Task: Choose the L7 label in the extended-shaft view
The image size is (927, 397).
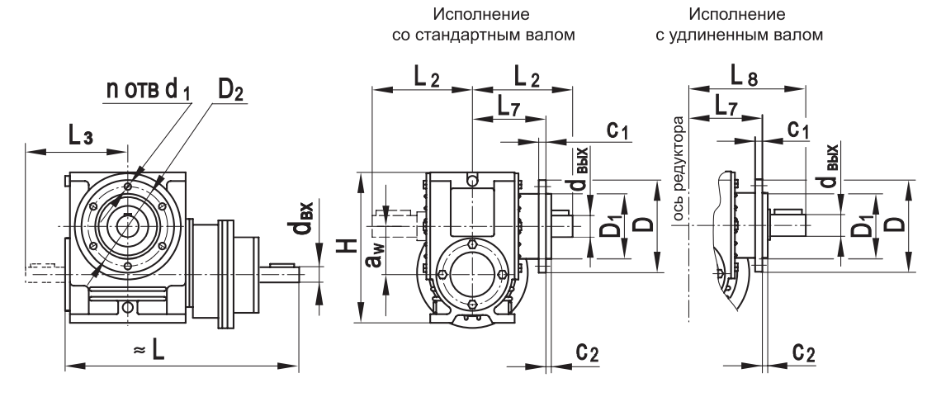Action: (727, 106)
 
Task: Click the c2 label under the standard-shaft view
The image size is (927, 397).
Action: (587, 352)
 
